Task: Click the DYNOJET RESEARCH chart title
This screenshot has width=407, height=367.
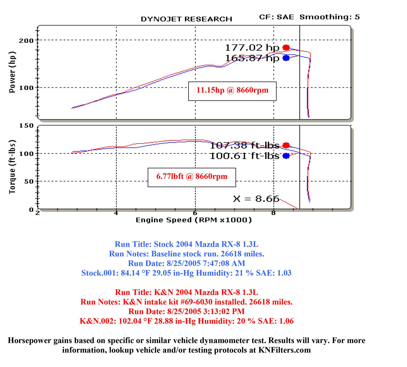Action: coord(186,19)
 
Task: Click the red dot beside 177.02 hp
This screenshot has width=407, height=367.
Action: coord(286,47)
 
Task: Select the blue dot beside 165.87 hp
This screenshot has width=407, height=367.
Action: coord(286,58)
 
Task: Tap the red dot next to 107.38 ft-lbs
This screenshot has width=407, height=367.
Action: coord(286,145)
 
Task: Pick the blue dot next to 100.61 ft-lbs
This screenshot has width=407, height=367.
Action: coord(286,156)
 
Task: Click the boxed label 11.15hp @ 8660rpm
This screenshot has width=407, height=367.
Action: coord(232,90)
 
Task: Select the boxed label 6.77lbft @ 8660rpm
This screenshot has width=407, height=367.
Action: coord(192,177)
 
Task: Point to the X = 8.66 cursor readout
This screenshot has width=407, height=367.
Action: coord(256,199)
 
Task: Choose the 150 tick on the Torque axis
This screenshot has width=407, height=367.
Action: coord(26,126)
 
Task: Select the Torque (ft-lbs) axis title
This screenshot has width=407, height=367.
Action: coord(12,167)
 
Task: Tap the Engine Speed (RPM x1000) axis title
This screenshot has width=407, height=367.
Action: coord(194,220)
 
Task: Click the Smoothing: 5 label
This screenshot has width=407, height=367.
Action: coord(329,17)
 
